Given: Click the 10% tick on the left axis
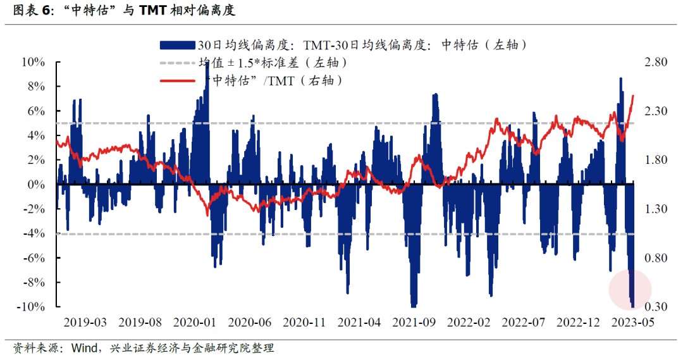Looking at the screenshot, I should tap(33, 62).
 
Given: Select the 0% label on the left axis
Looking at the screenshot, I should tap(35, 185).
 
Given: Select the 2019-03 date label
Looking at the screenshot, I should tap(85, 322).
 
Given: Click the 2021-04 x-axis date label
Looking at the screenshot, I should tap(359, 322).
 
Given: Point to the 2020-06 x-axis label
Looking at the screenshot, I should tap(249, 322).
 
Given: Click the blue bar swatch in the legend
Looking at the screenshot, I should tap(176, 45).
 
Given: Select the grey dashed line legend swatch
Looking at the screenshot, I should tap(176, 63).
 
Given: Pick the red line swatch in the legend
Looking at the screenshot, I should tap(176, 81).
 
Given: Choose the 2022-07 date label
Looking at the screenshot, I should tap(524, 322).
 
